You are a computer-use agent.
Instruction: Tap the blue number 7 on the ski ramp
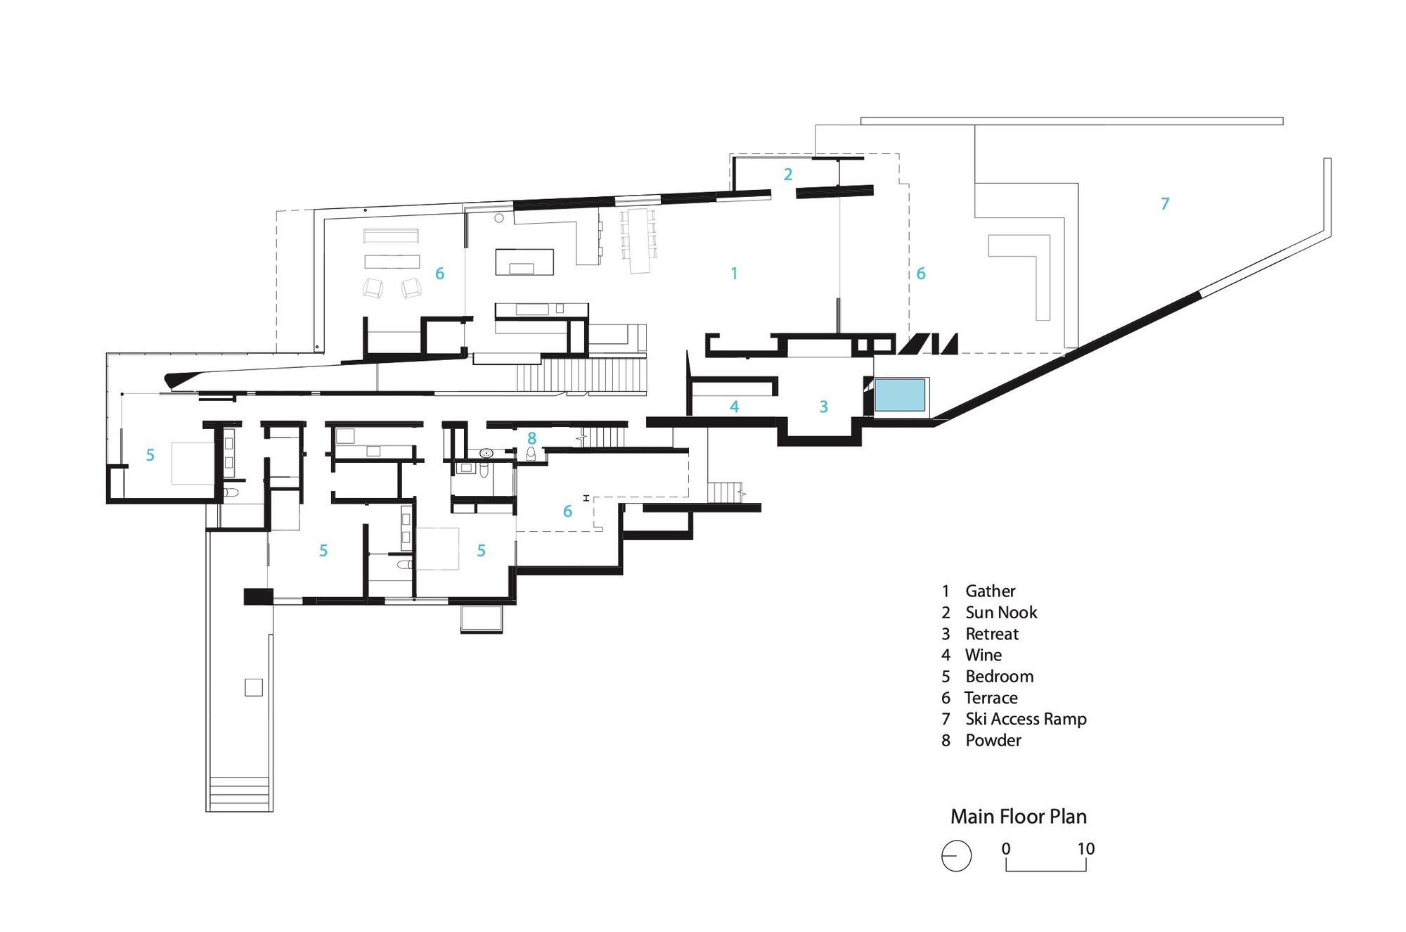pos(1165,204)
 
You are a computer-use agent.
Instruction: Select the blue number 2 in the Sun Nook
pos(788,174)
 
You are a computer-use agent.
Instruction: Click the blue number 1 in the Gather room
pos(734,274)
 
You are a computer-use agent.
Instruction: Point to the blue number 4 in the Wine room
pos(734,407)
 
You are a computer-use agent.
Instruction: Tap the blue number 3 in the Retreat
pos(823,407)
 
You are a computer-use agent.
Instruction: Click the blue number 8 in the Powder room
pos(531,438)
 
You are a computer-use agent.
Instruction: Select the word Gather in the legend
pos(990,591)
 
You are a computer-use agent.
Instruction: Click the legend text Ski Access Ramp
pos(1025,719)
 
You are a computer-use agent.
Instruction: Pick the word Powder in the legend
pos(993,740)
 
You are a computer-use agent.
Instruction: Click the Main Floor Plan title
pos(1018,817)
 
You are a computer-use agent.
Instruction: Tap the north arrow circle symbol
pos(956,856)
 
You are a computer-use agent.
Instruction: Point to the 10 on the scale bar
pos(1085,849)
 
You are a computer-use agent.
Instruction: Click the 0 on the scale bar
pos(1006,849)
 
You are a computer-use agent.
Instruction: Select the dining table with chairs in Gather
pos(638,240)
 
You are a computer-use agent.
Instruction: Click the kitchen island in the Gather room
pos(524,262)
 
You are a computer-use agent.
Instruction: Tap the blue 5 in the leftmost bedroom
pos(150,455)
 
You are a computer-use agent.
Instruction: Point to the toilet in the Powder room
pos(531,454)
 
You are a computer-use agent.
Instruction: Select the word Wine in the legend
pos(983,655)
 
